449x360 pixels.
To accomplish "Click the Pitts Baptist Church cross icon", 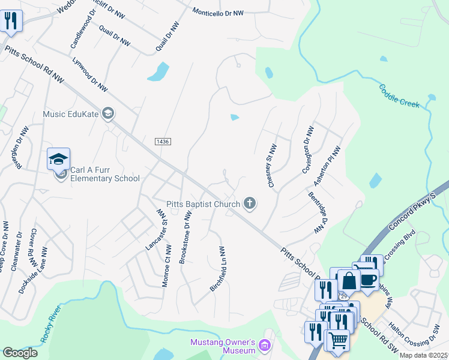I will [x=250, y=205].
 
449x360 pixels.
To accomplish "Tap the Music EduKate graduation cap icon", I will [x=108, y=114].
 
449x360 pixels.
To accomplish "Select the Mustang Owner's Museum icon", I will [x=265, y=346].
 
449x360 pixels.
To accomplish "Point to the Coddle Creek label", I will [x=399, y=97].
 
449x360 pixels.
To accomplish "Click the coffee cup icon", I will [x=369, y=280].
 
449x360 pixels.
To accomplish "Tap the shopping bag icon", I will [x=349, y=280].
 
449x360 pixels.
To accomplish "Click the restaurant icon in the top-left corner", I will [x=11, y=20].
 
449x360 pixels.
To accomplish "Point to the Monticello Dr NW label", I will [x=218, y=12].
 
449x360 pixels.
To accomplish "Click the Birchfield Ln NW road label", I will [x=217, y=269].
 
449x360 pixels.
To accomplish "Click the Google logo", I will [x=20, y=352].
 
